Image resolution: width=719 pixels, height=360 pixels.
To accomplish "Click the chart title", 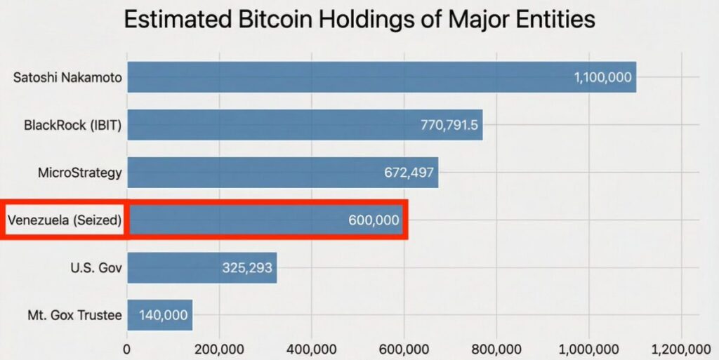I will (x=359, y=19).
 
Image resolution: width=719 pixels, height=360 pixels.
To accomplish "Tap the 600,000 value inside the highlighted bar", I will (x=374, y=220).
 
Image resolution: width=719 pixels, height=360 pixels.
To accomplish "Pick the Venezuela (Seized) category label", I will (x=65, y=220).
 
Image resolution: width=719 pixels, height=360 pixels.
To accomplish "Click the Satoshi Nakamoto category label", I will (x=67, y=77).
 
